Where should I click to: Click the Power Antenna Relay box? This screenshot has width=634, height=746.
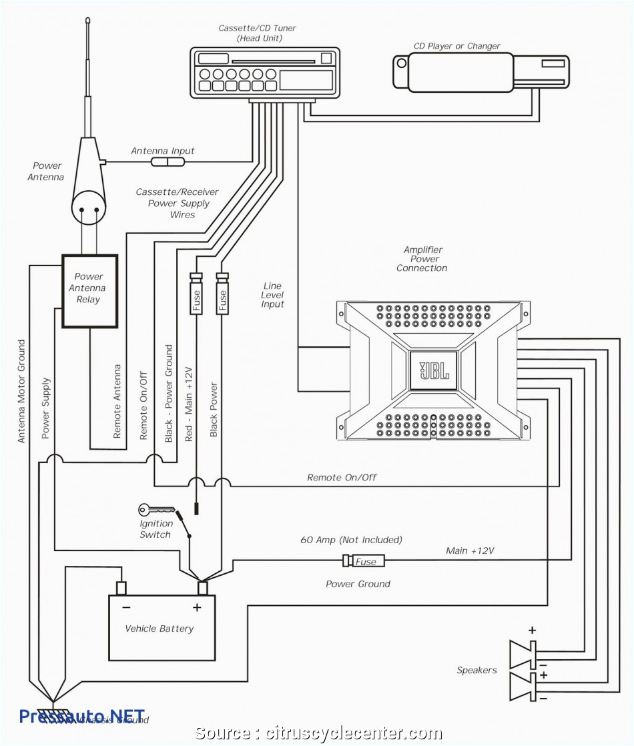coord(89,290)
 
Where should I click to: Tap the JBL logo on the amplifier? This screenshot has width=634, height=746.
coord(433,370)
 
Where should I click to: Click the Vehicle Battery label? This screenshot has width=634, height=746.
coord(160,629)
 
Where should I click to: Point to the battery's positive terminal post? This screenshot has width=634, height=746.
coord(203,588)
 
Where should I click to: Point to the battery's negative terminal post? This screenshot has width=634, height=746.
coord(121,588)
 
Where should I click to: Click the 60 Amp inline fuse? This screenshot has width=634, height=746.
coord(363,561)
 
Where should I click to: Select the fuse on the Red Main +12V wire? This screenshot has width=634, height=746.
coord(196,294)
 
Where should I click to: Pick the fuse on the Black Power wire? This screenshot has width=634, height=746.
coord(222,294)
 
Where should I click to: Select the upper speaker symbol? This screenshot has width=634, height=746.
coord(523,653)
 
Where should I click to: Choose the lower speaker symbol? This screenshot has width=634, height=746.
coord(523,686)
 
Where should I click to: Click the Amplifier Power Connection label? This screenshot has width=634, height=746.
coord(422,259)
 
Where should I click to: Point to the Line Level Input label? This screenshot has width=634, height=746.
coord(272,295)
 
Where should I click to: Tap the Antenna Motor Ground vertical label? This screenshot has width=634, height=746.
coord(21,391)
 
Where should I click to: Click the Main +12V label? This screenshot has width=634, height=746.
coord(470,550)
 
